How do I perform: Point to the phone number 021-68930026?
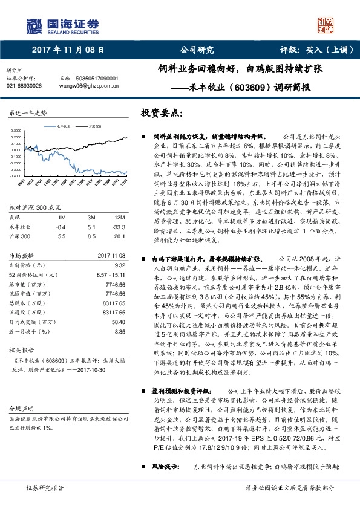point(24,86)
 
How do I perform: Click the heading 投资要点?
point(162,113)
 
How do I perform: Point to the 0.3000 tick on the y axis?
point(16,131)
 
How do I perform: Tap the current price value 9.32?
point(120,265)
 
